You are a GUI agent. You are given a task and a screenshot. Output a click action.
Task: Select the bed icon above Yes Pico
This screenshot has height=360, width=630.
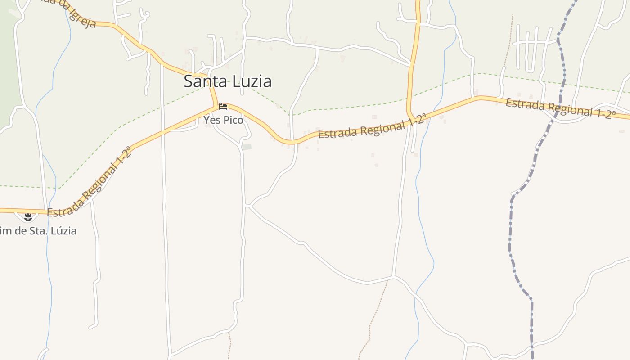[223, 107]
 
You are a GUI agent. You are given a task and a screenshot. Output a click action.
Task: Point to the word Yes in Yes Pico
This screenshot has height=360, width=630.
[212, 120]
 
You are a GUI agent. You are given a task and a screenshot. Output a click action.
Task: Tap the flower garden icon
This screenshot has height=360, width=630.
[28, 217]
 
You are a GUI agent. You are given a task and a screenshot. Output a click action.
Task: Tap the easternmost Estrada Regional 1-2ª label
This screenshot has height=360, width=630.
[560, 108]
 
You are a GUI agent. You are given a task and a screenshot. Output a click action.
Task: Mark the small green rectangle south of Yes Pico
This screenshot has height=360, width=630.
[247, 147]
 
